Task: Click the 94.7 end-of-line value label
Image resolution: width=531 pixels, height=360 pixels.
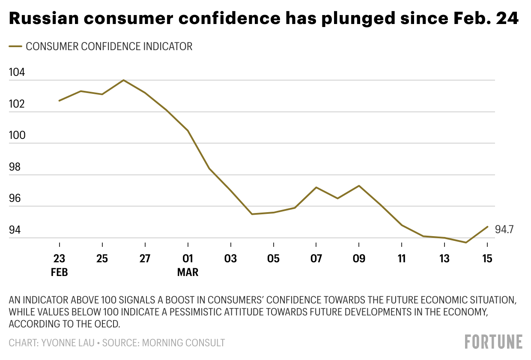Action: pos(504,230)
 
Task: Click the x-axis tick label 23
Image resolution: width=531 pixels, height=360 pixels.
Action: pos(59,259)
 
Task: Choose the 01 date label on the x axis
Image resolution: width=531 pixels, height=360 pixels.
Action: pos(188,259)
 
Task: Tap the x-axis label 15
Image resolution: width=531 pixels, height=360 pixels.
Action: pos(487,259)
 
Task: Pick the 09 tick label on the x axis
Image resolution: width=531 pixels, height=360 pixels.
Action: pos(359,259)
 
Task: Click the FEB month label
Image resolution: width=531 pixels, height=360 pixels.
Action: pos(59,273)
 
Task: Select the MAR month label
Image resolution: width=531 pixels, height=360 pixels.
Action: pos(188,273)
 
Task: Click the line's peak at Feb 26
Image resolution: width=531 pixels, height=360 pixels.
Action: pos(124,80)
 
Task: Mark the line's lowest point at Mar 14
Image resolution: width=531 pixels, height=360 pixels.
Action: pos(465,243)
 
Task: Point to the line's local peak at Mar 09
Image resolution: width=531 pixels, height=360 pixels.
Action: pos(359,186)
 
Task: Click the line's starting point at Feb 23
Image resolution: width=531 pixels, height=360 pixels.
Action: pos(59,101)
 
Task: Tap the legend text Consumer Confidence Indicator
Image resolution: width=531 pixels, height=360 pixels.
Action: pos(109,47)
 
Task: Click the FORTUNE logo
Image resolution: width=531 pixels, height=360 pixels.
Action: pos(494,342)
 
